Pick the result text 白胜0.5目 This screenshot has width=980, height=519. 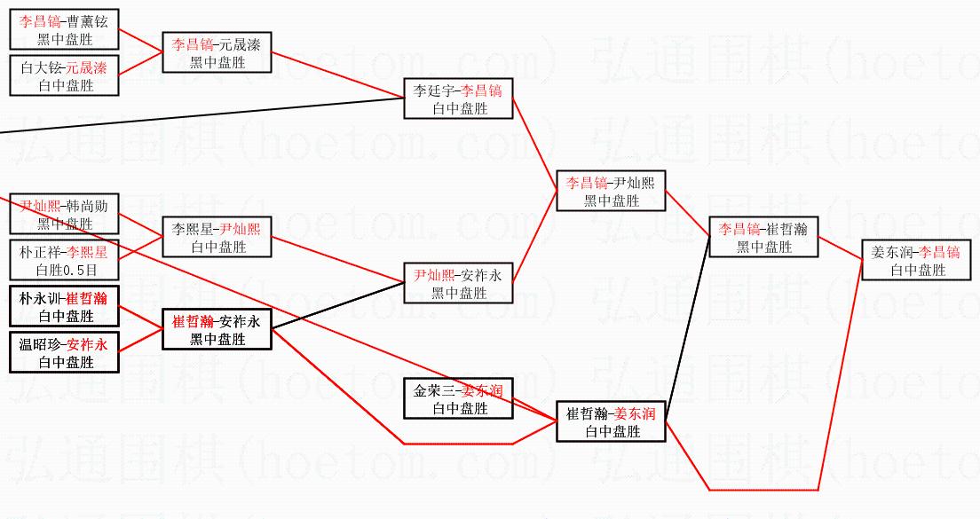(x=66, y=270)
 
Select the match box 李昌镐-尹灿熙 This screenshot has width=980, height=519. (x=611, y=192)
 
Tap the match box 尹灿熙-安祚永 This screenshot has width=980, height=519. (x=458, y=284)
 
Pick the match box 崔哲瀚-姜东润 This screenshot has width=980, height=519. (x=611, y=422)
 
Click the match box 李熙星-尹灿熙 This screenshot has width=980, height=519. (x=217, y=238)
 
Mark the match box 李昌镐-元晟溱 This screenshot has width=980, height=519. (x=217, y=53)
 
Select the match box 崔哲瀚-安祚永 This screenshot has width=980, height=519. (x=217, y=330)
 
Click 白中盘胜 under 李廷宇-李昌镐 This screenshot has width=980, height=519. (x=458, y=108)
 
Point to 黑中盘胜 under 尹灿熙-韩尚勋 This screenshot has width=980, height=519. (x=66, y=224)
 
